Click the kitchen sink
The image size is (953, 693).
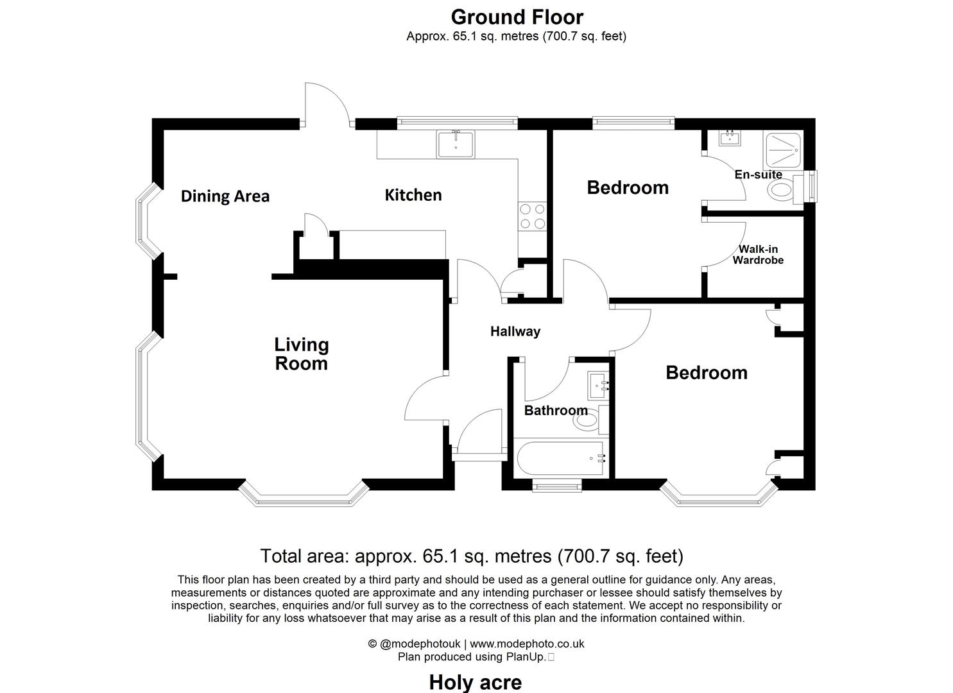[x=455, y=144]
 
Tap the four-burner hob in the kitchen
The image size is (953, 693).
[x=532, y=216]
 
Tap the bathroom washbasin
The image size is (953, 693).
[x=598, y=386]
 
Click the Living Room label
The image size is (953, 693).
[x=301, y=354]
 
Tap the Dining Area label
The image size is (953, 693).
[x=225, y=196]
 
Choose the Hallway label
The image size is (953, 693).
[x=515, y=332]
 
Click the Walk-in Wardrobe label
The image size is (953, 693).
[x=758, y=255]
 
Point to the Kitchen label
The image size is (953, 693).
[x=413, y=195]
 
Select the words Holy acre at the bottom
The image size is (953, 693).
[x=475, y=682]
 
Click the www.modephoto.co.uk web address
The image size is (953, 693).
[x=527, y=644]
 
